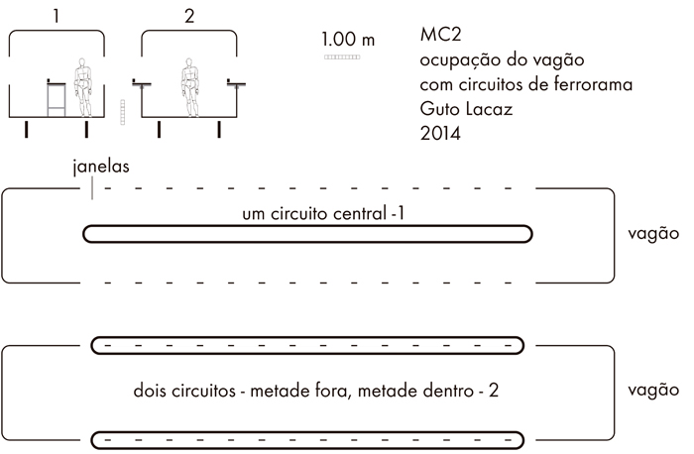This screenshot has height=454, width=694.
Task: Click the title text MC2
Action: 440,35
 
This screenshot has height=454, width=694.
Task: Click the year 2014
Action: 440,133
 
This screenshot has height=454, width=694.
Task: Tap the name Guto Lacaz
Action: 466,109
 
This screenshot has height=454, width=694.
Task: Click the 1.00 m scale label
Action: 348,40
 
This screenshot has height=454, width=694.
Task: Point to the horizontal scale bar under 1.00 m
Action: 342,57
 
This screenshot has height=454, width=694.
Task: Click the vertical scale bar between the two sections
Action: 123,112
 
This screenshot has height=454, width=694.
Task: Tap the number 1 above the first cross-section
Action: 56,17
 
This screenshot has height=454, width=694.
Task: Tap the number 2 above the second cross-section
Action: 189,17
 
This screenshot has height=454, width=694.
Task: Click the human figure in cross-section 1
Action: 82,87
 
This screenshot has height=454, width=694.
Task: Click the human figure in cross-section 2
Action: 190,87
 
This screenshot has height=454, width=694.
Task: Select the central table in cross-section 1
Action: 57,98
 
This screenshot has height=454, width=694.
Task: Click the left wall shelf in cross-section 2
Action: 142,83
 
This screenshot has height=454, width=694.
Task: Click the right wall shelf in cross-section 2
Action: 236,83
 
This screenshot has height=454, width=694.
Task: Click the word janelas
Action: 101,167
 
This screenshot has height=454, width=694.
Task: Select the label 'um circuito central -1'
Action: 323,214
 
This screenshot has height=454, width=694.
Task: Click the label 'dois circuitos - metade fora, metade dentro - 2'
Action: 315,391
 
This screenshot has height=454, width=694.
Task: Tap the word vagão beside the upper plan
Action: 653,233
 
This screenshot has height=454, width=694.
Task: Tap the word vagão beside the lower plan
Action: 653,390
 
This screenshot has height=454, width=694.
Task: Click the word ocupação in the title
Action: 458,59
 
